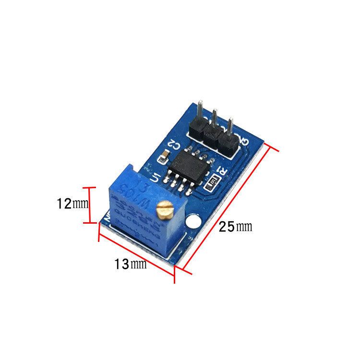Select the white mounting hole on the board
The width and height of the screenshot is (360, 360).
click(x=194, y=222)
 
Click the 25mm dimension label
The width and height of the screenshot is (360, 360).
click(x=235, y=227)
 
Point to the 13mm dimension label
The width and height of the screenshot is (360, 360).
click(x=130, y=264)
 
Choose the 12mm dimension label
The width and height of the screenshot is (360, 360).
click(x=72, y=204)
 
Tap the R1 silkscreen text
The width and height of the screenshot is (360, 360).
click(x=222, y=171)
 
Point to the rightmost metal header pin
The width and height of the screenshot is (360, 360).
click(x=230, y=127)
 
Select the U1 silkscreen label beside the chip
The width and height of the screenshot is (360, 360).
click(x=155, y=178)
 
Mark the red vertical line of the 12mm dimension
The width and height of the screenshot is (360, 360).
click(x=89, y=205)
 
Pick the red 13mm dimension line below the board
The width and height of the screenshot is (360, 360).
click(x=136, y=253)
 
